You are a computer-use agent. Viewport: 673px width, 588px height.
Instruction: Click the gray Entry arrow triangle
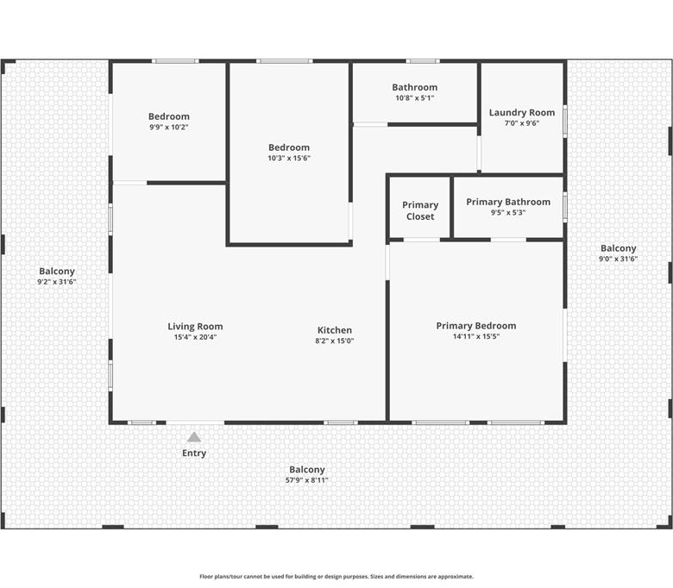point(194,437)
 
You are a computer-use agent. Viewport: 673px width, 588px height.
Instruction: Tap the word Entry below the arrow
point(194,454)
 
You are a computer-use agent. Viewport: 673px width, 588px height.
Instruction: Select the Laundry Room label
point(522,112)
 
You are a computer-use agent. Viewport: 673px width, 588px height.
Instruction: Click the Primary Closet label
point(420,210)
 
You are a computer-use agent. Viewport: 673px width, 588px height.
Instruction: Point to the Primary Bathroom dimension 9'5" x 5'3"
point(508,212)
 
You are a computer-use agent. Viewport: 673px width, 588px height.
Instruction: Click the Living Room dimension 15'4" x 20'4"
point(195,337)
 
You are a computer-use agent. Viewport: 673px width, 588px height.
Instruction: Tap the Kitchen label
point(335,330)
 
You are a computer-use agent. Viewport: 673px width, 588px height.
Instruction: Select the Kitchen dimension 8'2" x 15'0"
point(335,341)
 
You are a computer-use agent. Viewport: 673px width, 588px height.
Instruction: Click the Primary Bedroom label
point(476,326)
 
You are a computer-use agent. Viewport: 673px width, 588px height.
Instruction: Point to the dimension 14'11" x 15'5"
point(476,336)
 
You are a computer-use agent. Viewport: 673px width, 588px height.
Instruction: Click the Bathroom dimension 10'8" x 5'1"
point(415,97)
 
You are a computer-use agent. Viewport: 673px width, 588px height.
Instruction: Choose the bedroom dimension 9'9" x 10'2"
point(169,127)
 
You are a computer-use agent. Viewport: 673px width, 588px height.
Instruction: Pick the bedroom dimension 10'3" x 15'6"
point(289,158)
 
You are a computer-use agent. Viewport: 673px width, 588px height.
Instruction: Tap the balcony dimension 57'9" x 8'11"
point(307,480)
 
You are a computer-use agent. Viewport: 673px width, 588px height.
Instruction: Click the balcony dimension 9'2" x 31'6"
point(57,282)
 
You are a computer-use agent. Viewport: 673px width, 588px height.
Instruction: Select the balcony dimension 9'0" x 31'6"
point(619,259)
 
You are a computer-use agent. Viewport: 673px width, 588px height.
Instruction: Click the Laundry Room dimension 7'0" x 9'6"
point(522,123)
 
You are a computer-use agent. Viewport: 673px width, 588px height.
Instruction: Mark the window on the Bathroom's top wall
point(423,61)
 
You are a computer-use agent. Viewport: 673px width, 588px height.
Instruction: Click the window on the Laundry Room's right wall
point(565,122)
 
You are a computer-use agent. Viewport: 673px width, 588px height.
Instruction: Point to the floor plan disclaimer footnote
point(336,577)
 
